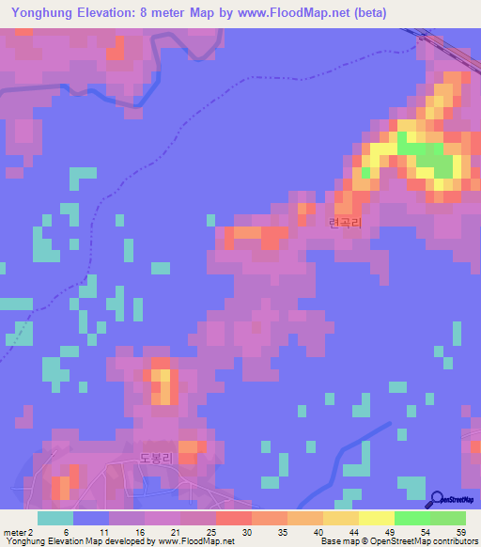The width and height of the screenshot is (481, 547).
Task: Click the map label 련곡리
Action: click(x=346, y=223)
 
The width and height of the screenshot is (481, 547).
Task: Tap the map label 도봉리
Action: click(x=157, y=459)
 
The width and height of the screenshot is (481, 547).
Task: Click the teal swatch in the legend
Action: click(x=54, y=518)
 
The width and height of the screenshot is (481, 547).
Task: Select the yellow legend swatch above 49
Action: click(x=376, y=518)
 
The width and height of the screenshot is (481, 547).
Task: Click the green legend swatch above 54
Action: click(x=411, y=518)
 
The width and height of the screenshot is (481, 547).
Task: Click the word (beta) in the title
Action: click(x=366, y=12)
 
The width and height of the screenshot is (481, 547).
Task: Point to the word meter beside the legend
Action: click(x=14, y=532)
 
